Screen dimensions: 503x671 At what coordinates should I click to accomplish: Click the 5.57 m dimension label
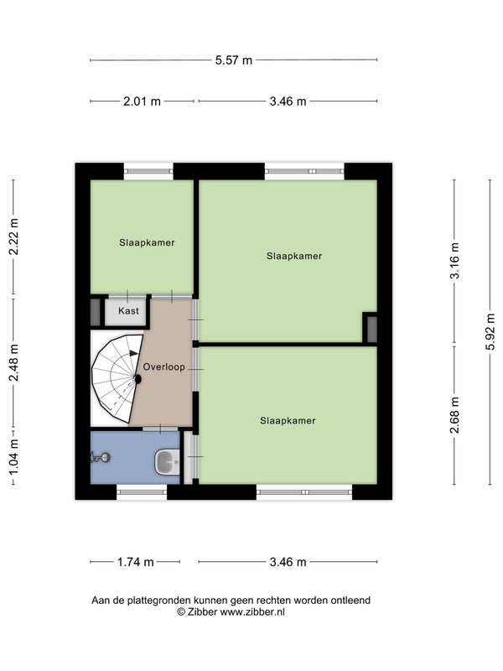click(x=234, y=60)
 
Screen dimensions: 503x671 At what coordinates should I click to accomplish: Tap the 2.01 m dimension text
click(x=142, y=101)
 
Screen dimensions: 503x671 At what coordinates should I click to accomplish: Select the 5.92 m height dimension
click(x=490, y=331)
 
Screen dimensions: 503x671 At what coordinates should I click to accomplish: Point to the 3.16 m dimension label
click(x=454, y=261)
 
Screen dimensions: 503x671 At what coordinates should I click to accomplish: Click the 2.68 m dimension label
click(x=454, y=414)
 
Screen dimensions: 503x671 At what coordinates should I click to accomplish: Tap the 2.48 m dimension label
click(x=13, y=362)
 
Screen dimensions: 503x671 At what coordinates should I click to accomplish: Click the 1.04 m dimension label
click(x=13, y=456)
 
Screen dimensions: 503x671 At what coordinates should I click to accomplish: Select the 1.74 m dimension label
click(x=136, y=562)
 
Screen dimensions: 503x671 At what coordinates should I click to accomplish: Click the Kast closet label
click(x=128, y=310)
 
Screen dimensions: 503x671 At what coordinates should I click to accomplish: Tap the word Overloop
click(x=163, y=367)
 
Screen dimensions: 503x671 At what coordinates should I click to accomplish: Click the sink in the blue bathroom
click(x=167, y=462)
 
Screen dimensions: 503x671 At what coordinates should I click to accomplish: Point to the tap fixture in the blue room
click(x=101, y=457)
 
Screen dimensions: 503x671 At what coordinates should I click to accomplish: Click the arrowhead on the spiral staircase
click(x=134, y=353)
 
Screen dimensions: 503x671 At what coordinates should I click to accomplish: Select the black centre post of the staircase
click(x=137, y=379)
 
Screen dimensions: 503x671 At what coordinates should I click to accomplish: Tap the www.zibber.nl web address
click(x=252, y=612)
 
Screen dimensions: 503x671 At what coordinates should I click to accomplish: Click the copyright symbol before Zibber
click(x=181, y=612)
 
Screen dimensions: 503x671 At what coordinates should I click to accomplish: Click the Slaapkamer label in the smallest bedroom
click(x=147, y=242)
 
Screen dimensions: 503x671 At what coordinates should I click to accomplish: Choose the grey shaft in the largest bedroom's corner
click(x=371, y=329)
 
